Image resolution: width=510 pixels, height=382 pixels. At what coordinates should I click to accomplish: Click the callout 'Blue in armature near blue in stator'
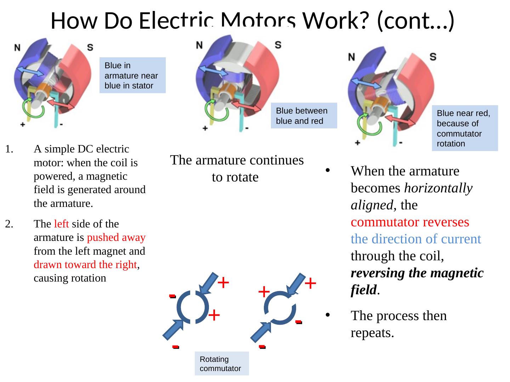point(132,75)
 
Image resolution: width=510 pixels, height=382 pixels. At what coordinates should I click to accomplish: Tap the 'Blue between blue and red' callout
point(304,116)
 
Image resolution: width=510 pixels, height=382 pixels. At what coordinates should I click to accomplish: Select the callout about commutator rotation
point(465,128)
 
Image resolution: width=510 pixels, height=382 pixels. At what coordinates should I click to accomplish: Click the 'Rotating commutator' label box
point(221,364)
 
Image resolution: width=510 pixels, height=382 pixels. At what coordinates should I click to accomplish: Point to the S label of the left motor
point(90,47)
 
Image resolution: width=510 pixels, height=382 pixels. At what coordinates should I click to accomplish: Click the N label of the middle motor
point(199,45)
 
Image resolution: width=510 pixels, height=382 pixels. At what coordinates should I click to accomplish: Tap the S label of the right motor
point(432,57)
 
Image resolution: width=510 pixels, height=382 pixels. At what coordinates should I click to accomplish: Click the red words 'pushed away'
point(116,237)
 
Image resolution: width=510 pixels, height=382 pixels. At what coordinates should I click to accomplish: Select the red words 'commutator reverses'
point(410,222)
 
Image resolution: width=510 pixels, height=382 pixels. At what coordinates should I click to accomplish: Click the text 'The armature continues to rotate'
point(237,168)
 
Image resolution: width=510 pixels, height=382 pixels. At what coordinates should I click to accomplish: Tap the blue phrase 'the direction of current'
point(415,239)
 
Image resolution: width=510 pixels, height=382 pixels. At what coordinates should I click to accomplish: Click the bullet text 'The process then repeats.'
point(398,324)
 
